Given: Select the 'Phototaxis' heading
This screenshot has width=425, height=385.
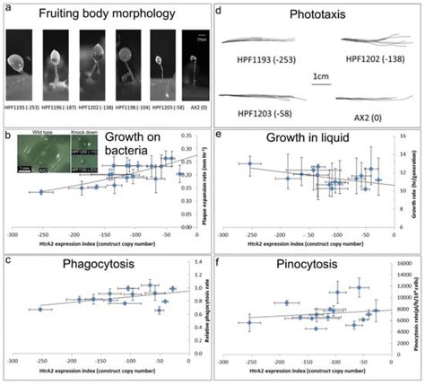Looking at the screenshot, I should click(x=316, y=15).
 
